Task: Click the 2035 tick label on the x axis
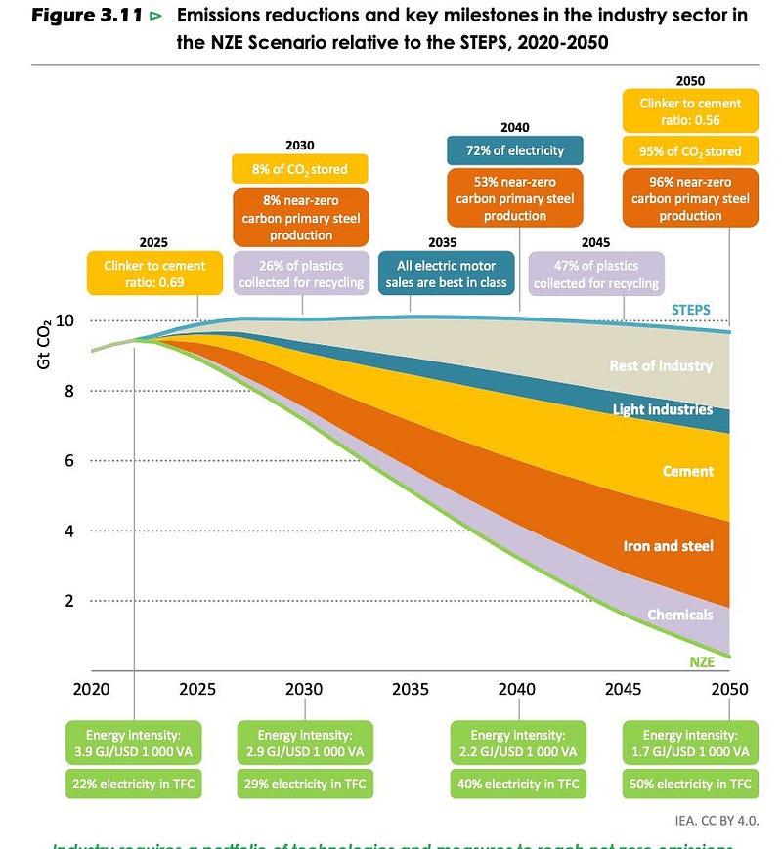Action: tap(411, 689)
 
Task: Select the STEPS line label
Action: tap(690, 310)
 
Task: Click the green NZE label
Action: tap(701, 661)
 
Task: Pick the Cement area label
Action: tap(688, 471)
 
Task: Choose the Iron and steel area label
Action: tap(668, 546)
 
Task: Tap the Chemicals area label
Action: tap(679, 615)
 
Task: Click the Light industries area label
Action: tap(663, 409)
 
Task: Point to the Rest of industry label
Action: tap(661, 366)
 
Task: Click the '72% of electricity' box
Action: tap(515, 150)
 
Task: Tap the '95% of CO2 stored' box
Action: tap(690, 151)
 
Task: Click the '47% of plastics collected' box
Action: tap(596, 275)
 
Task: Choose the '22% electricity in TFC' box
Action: tap(134, 784)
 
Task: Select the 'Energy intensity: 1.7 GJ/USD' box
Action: tap(690, 743)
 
